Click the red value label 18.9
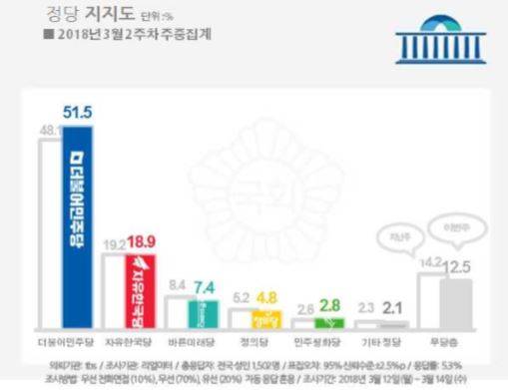click(140, 241)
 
